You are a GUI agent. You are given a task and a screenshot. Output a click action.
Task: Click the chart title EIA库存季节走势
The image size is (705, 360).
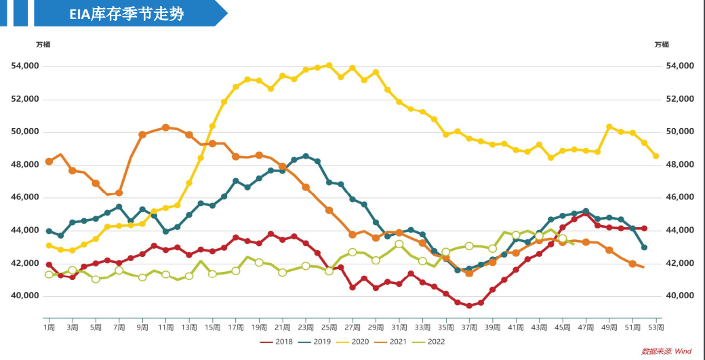click(x=126, y=14)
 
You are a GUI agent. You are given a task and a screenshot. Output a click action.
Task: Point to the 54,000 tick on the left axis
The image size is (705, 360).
click(x=26, y=66)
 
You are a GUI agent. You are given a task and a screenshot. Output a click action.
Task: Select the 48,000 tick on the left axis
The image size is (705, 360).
click(x=26, y=165)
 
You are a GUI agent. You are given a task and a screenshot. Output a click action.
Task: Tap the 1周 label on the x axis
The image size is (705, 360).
click(x=49, y=327)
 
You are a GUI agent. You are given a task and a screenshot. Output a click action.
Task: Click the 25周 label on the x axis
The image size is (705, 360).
click(x=329, y=327)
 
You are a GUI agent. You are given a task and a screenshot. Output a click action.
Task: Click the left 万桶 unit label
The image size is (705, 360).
click(x=43, y=45)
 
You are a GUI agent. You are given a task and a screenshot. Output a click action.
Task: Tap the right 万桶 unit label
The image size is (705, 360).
click(x=662, y=45)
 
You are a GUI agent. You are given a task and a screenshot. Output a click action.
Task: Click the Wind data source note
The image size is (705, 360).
click(x=667, y=351)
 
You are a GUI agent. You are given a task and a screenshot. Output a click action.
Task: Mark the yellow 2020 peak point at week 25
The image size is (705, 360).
click(x=329, y=65)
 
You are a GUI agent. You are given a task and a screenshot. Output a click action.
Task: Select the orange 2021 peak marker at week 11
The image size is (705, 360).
click(x=165, y=127)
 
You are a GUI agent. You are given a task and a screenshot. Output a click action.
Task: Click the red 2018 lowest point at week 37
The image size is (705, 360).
click(x=469, y=306)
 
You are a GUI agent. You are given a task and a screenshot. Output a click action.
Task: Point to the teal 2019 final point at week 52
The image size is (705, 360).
click(x=644, y=247)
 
